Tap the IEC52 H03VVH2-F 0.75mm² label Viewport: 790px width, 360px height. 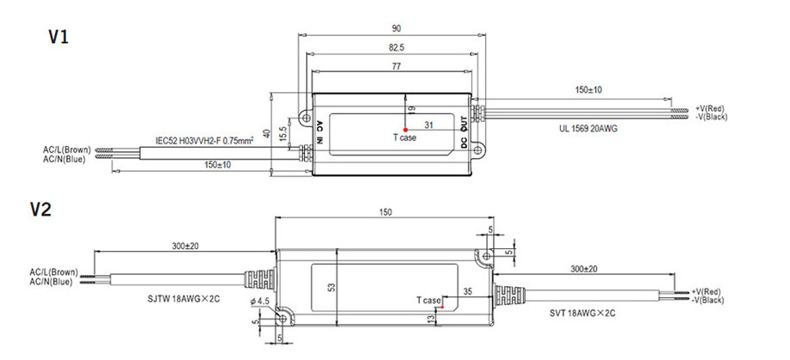point(204,140)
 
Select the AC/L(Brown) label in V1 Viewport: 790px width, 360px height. point(67,149)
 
